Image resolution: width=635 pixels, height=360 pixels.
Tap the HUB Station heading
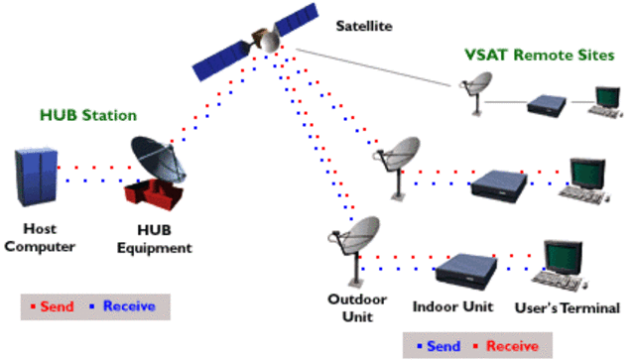coord(88,115)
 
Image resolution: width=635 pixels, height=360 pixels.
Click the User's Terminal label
coord(568,308)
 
